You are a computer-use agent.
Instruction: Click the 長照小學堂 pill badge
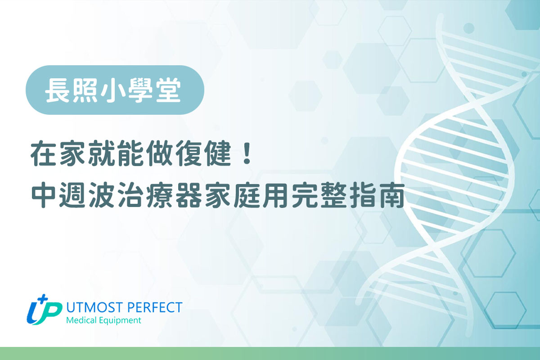click(115, 90)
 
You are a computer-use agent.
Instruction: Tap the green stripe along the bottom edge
click(270, 354)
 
